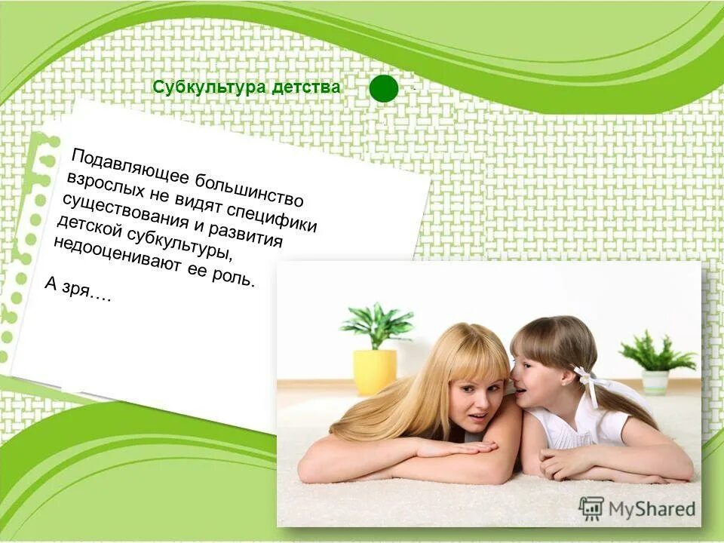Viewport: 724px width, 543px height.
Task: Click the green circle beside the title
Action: click(384, 88)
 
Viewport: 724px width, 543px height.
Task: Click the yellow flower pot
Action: click(375, 370)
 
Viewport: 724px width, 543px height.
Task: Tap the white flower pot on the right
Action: click(655, 382)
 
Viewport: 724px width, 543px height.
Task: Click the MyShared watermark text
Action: click(652, 508)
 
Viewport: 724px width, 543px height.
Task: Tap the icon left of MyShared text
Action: click(591, 508)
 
